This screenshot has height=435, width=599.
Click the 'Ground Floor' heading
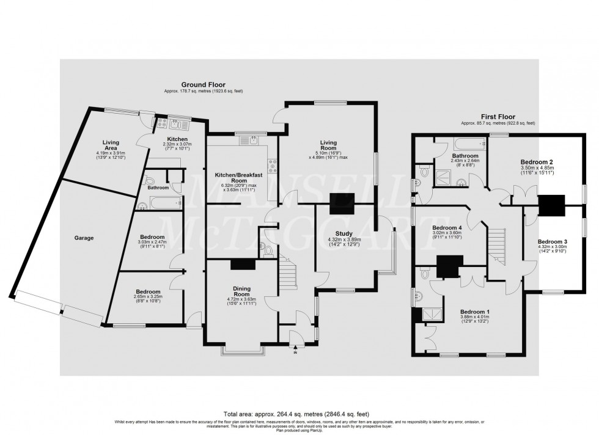[x=203, y=84]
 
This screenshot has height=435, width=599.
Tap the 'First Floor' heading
[x=498, y=116]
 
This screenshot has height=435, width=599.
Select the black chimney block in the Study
[x=341, y=204]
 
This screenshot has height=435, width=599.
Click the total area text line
[x=299, y=414]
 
